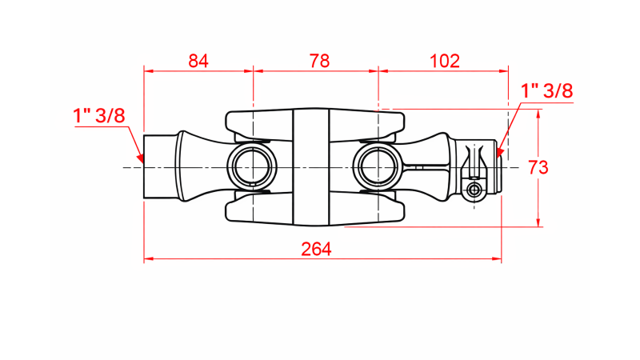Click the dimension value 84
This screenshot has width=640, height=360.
(198, 61)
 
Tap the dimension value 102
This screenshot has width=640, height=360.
(444, 61)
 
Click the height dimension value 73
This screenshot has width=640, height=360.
(538, 167)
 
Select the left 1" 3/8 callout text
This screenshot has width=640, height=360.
(99, 115)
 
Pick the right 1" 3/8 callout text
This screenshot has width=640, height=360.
(547, 90)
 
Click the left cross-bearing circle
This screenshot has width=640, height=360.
(252, 167)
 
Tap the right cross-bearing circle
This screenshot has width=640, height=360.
(376, 167)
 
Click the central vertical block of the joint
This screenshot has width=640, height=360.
(310, 167)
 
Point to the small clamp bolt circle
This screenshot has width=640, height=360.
(475, 190)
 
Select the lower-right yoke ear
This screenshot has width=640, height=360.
(376, 210)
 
